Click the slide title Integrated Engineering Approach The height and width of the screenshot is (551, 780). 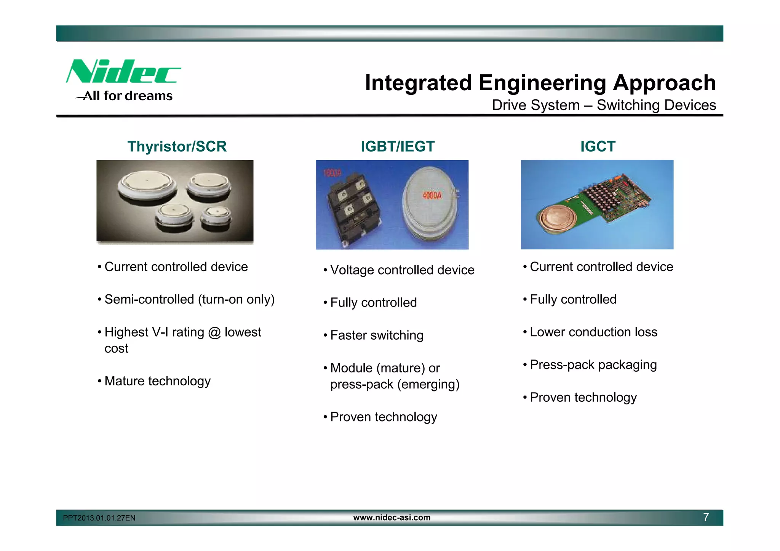pos(540,83)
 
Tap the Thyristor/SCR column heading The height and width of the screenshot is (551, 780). pos(177,147)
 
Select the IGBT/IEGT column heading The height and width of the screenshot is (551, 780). pos(397,147)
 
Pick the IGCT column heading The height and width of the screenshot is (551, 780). pos(598,147)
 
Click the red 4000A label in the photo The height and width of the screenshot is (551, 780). pos(432,196)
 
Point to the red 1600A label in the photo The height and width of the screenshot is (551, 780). pos(332,174)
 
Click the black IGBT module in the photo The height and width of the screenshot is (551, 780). pos(353,208)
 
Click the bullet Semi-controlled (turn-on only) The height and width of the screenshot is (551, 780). pos(189,300)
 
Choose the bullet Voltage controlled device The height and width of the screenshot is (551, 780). pos(402,270)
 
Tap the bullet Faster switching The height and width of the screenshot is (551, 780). pos(376,335)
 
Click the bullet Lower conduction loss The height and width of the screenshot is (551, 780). pos(593,332)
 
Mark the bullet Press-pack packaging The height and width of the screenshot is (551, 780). pos(593,365)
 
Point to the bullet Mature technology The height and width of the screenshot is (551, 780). pos(157,381)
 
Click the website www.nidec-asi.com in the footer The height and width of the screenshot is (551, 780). pos(392,517)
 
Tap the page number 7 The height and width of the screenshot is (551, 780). pos(706,517)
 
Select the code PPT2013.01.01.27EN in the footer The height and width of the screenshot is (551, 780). pos(99,518)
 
